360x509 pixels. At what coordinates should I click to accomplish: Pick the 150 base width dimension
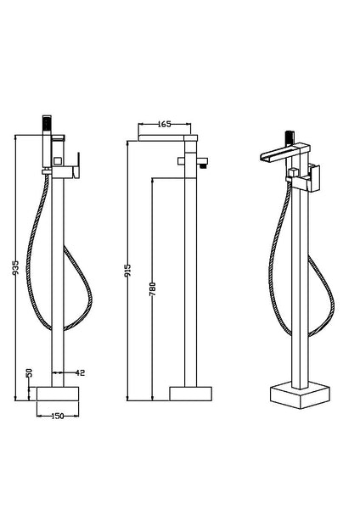coord(57,416)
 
